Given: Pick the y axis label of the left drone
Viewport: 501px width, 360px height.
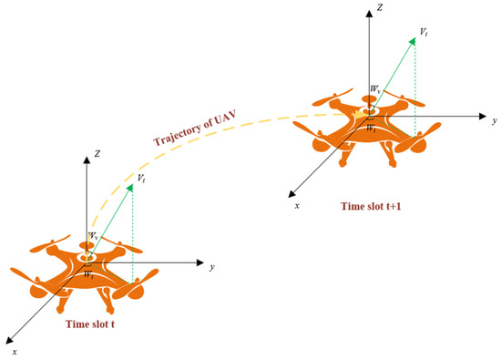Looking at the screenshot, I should [211, 267].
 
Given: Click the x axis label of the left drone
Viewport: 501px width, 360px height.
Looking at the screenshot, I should [14, 350].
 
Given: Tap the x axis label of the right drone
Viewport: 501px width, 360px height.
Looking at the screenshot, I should [297, 206].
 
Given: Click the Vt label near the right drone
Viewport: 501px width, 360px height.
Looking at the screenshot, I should [424, 32].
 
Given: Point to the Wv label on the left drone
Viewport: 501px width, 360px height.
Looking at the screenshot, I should [92, 236].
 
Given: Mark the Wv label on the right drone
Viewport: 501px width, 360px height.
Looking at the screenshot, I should [374, 89].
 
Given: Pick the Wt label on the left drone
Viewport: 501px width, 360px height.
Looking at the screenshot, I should [88, 274].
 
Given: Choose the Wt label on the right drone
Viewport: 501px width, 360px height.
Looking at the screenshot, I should [371, 129].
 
